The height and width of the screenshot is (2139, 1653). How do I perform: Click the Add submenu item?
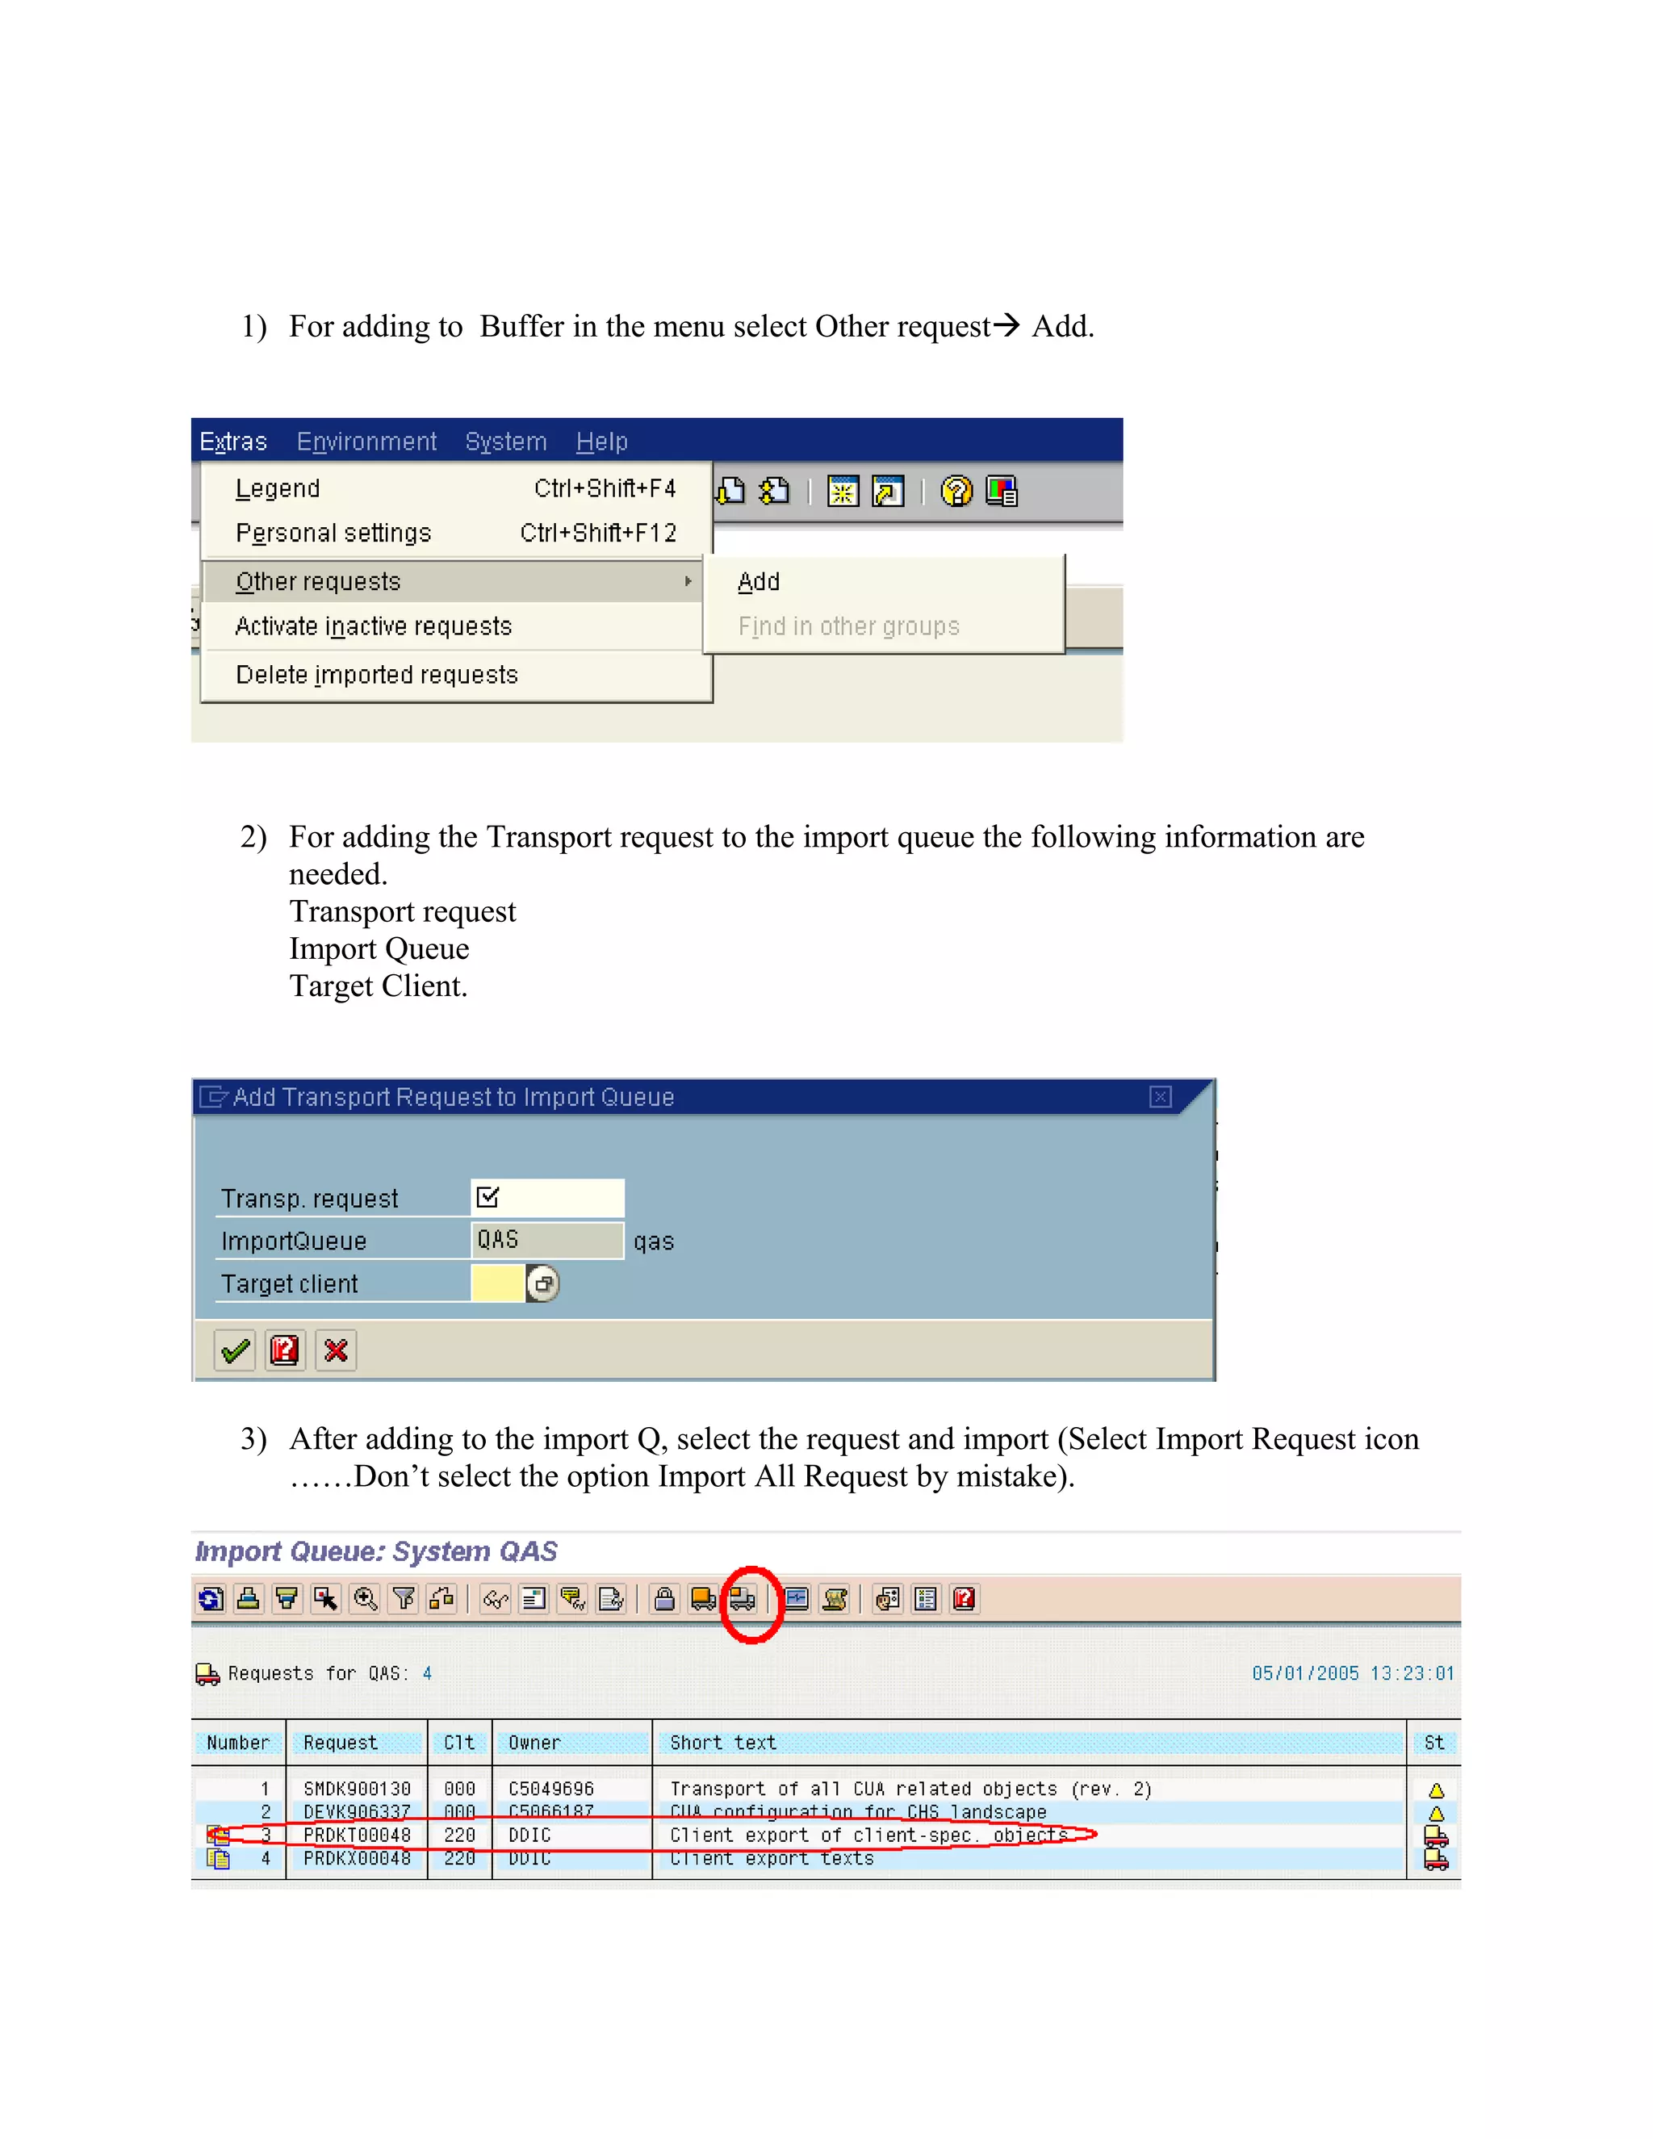click(759, 582)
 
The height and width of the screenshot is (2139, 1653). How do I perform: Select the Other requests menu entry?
click(318, 582)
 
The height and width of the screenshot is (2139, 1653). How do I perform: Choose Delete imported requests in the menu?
click(376, 675)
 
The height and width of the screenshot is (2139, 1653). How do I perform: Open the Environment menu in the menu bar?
click(366, 442)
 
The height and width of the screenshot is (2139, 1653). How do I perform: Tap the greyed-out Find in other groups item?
click(848, 627)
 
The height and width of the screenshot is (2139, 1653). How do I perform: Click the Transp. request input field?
click(547, 1198)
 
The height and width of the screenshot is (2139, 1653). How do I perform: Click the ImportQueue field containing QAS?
click(546, 1240)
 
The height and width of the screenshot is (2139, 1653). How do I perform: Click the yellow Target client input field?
click(497, 1283)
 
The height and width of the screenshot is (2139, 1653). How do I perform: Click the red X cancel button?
click(336, 1350)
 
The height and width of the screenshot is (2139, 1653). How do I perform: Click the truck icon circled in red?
click(743, 1599)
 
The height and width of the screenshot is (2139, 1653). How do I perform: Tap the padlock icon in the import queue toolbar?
click(664, 1599)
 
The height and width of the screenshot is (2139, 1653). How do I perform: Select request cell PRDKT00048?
click(357, 1836)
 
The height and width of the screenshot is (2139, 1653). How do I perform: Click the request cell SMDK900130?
click(357, 1789)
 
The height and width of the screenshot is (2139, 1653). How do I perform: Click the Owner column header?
click(534, 1743)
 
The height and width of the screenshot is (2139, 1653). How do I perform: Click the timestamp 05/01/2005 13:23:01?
click(1353, 1674)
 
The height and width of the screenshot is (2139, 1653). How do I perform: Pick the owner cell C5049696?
click(550, 1789)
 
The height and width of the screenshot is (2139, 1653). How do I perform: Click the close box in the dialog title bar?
click(1160, 1097)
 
